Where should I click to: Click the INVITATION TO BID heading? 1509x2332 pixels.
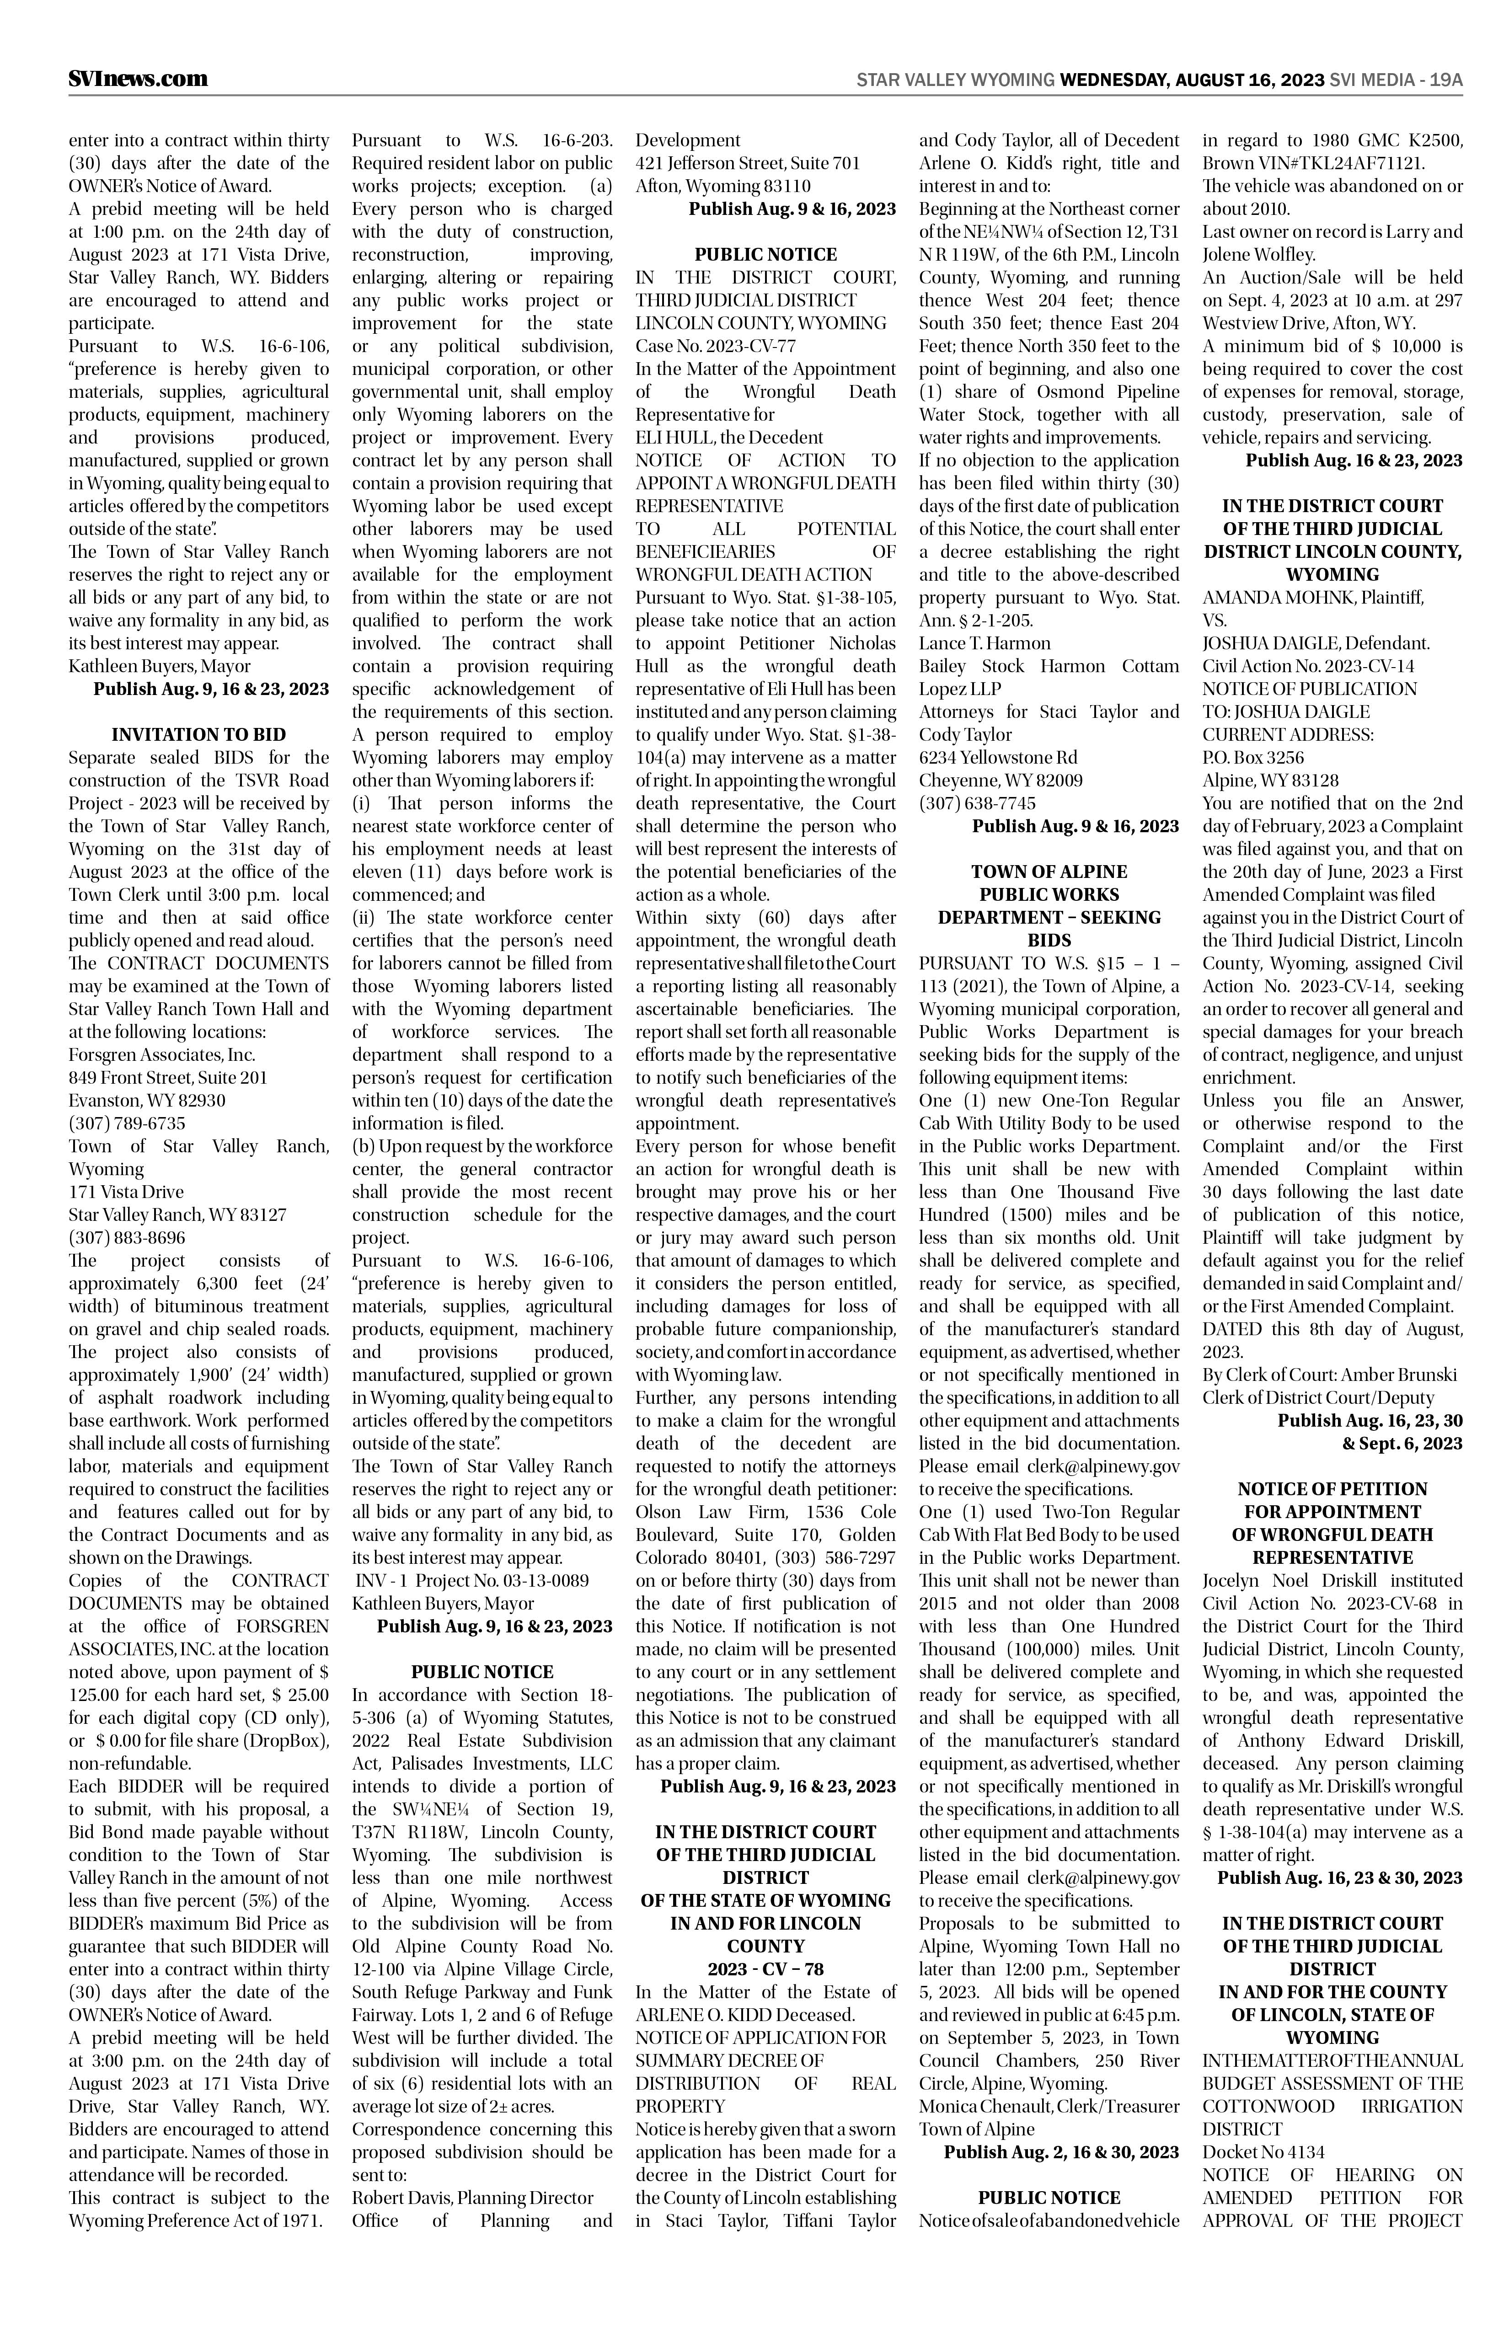199,734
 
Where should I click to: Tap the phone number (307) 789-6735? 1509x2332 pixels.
126,1123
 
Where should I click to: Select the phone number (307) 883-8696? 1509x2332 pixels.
126,1237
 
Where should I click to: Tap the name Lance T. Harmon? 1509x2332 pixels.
984,643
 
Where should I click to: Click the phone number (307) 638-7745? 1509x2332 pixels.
977,802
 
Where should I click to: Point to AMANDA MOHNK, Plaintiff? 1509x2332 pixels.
1313,597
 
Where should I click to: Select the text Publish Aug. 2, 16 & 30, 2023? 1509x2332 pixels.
1061,2152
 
